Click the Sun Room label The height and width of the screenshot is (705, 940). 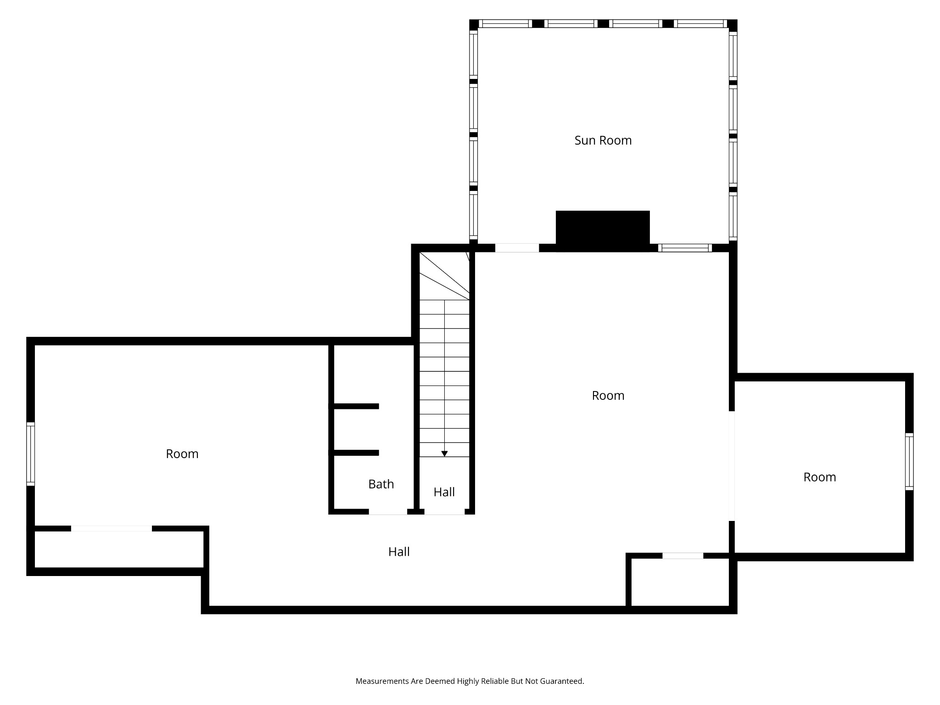(x=603, y=140)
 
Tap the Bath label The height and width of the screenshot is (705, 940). (x=381, y=484)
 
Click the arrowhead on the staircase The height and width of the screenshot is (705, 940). (x=444, y=453)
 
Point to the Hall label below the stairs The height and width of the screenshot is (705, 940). (x=444, y=492)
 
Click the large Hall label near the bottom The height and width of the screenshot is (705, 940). (x=399, y=552)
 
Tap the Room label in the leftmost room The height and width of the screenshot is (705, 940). (x=182, y=454)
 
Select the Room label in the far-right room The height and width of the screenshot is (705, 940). (x=820, y=477)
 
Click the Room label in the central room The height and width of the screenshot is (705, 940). (x=608, y=396)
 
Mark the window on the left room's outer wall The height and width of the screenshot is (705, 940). (x=30, y=454)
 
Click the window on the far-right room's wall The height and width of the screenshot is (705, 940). (x=909, y=462)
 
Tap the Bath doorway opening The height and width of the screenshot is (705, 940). (x=388, y=512)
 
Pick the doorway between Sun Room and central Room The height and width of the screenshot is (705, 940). (x=517, y=248)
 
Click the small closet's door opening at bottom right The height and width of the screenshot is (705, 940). (x=683, y=556)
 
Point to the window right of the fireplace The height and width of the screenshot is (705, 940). (x=685, y=248)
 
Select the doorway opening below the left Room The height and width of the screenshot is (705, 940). (x=112, y=529)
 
